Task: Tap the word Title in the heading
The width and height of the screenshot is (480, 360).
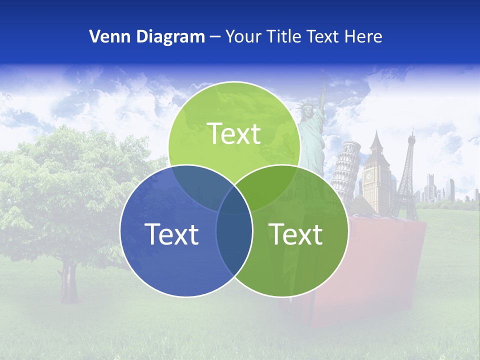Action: tap(284, 36)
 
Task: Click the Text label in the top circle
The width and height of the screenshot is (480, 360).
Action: tap(234, 134)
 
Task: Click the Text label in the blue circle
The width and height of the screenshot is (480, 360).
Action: tap(171, 234)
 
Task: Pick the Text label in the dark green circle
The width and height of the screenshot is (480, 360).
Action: tap(295, 234)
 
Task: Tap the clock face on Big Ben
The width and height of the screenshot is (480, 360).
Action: tap(369, 176)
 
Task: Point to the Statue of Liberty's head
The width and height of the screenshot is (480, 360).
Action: tap(304, 108)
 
